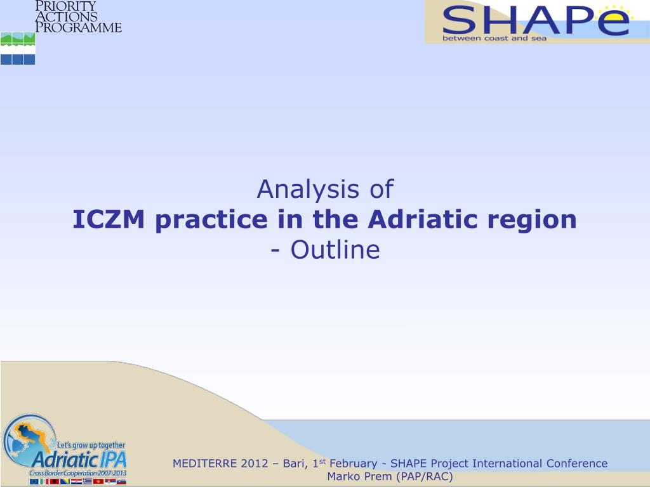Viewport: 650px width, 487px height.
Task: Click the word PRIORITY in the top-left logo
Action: point(65,6)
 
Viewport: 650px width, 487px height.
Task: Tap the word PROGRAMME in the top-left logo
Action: point(78,27)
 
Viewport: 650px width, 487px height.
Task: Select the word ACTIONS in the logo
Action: point(66,16)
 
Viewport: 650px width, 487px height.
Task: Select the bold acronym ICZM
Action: point(109,219)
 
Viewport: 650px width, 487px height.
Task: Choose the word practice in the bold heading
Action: point(211,220)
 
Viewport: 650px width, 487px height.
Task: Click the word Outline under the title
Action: point(335,250)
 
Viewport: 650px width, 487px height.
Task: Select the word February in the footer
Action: point(353,464)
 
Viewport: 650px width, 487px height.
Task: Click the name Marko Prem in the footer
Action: point(359,477)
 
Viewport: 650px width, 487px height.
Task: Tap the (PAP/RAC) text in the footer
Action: point(425,477)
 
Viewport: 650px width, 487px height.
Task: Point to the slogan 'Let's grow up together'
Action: point(91,446)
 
